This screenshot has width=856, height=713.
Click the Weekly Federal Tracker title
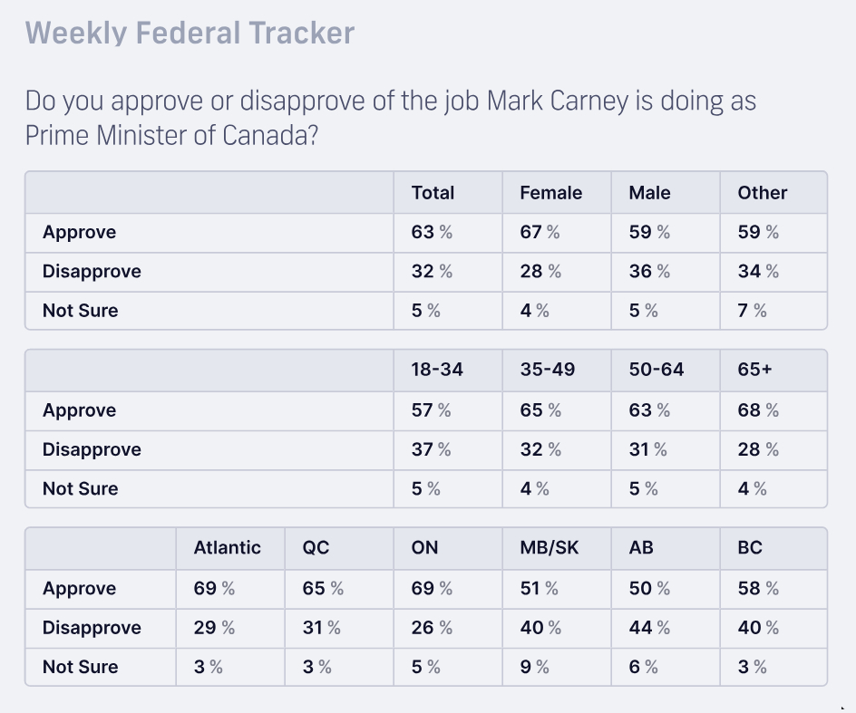pyautogui.click(x=190, y=34)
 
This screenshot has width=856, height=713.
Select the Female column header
pyautogui.click(x=550, y=193)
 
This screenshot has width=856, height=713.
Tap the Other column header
pyautogui.click(x=763, y=193)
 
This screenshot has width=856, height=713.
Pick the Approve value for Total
pyautogui.click(x=432, y=232)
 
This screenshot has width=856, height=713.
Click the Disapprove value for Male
pyautogui.click(x=649, y=271)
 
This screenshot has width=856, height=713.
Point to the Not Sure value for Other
pyautogui.click(x=752, y=311)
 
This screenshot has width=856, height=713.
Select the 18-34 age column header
pyautogui.click(x=437, y=370)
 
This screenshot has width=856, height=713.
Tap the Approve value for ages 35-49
pyautogui.click(x=540, y=410)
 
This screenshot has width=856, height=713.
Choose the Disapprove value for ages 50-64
pyautogui.click(x=647, y=449)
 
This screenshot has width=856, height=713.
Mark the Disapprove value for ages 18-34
pyautogui.click(x=431, y=449)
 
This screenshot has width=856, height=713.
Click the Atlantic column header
pyautogui.click(x=227, y=548)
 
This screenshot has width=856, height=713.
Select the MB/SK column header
pyautogui.click(x=549, y=548)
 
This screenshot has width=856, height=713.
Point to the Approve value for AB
pyautogui.click(x=649, y=588)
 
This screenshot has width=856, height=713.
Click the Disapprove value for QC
pyautogui.click(x=322, y=628)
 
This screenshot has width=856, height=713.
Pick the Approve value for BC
pyautogui.click(x=758, y=588)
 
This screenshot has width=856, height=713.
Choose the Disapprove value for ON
pyautogui.click(x=432, y=628)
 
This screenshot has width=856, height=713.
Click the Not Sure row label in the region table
pyautogui.click(x=80, y=667)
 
